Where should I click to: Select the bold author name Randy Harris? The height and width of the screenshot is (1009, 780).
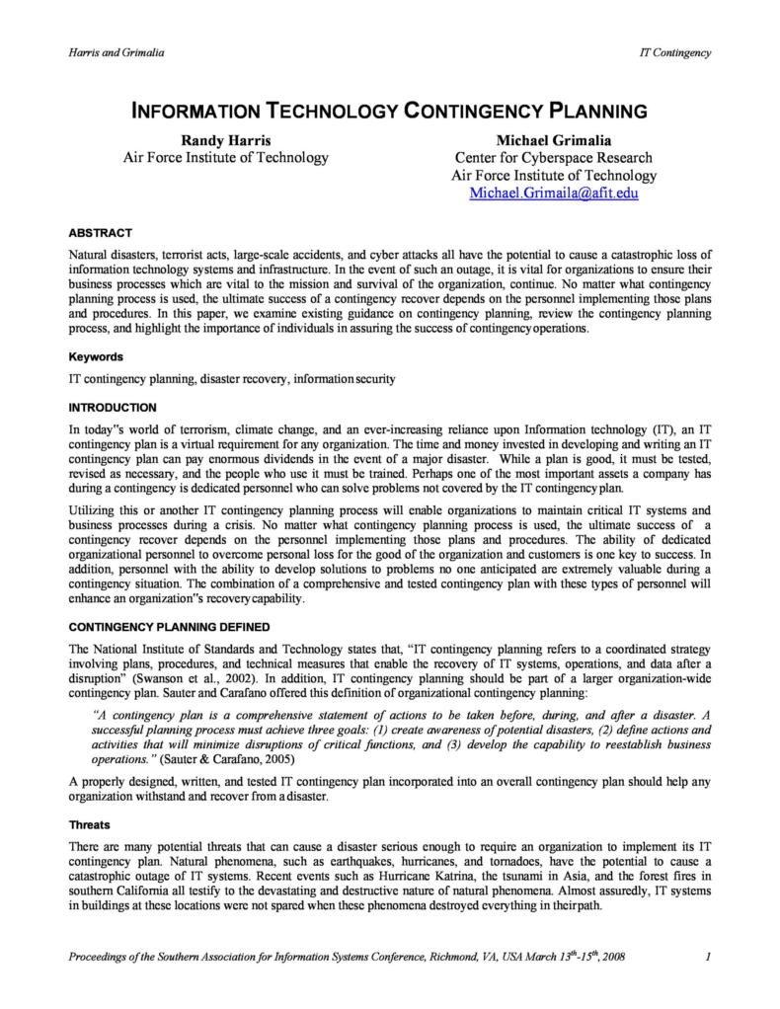pyautogui.click(x=225, y=140)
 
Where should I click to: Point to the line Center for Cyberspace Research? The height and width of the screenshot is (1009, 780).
pyautogui.click(x=553, y=158)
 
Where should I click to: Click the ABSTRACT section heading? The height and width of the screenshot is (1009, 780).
pyautogui.click(x=100, y=233)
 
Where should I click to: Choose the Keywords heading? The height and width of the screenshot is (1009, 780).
pyautogui.click(x=96, y=356)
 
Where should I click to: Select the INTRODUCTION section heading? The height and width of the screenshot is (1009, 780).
pyautogui.click(x=113, y=407)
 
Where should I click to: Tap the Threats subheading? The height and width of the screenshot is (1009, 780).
pyautogui.click(x=89, y=824)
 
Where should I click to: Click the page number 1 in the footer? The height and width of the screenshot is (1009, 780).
pyautogui.click(x=709, y=957)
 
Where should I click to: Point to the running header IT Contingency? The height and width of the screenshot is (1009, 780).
pyautogui.click(x=675, y=52)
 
